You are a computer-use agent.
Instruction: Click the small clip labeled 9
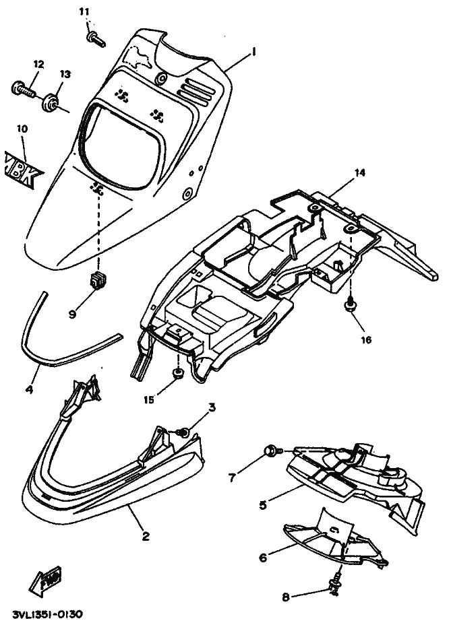[99, 278]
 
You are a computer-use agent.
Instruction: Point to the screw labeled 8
[333, 587]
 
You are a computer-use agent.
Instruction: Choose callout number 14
[360, 172]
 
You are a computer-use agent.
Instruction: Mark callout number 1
[253, 51]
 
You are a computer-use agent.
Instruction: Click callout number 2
[146, 536]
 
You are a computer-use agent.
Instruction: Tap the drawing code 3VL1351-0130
[49, 616]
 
